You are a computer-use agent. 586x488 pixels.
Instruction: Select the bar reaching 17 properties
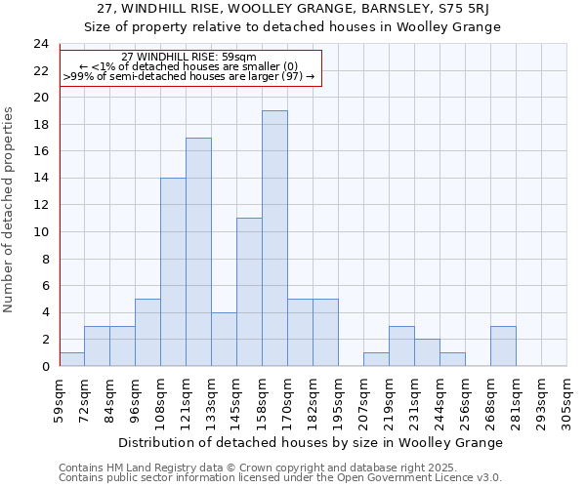tap(198, 252)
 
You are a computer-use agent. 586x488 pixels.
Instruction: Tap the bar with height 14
tap(173, 271)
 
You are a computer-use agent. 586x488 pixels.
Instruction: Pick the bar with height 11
tap(249, 292)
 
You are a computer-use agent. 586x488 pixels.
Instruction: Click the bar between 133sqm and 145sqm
tap(224, 339)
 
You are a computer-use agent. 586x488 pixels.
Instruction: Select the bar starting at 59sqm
tap(71, 359)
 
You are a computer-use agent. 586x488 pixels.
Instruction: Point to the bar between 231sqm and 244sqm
tap(427, 352)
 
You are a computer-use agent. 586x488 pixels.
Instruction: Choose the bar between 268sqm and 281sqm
tap(503, 346)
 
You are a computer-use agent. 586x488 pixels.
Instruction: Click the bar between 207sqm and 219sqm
tap(376, 359)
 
